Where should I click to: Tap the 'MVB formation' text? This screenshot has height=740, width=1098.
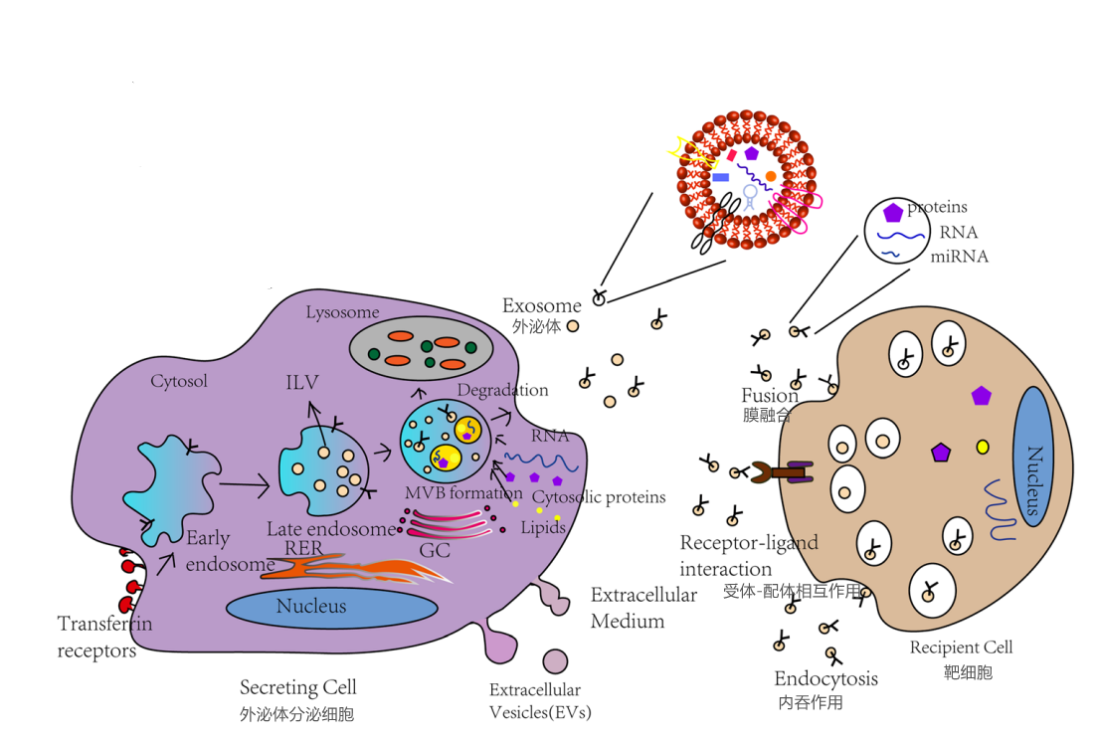[463, 493]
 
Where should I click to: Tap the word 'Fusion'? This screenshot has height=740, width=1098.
[770, 396]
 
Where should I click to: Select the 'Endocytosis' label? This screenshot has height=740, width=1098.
[825, 679]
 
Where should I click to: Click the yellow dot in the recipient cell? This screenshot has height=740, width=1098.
[983, 447]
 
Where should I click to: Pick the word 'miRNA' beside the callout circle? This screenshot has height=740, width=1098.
[959, 256]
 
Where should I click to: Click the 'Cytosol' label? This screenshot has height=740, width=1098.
[179, 381]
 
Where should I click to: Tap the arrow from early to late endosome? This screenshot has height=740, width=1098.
[243, 484]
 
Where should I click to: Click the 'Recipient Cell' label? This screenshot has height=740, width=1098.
[961, 647]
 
